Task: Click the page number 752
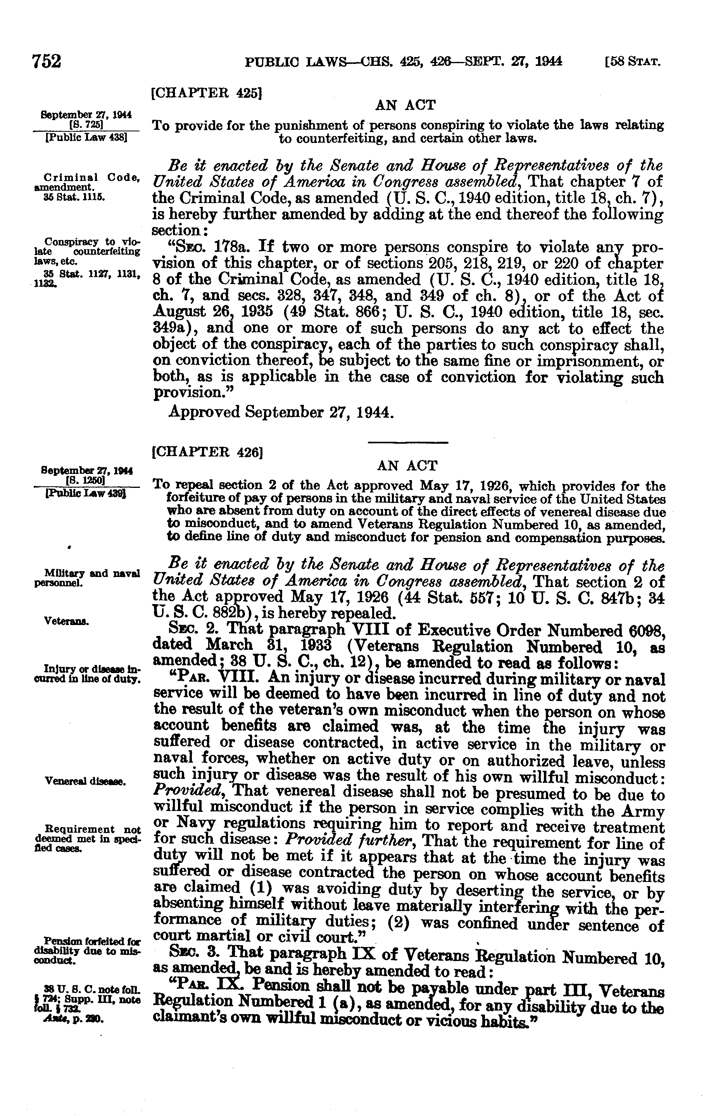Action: pos(47,62)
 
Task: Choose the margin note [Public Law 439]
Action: pos(87,494)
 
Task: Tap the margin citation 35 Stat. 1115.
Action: pos(73,196)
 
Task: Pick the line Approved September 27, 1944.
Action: pos(281,411)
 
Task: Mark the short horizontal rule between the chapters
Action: pos(408,443)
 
